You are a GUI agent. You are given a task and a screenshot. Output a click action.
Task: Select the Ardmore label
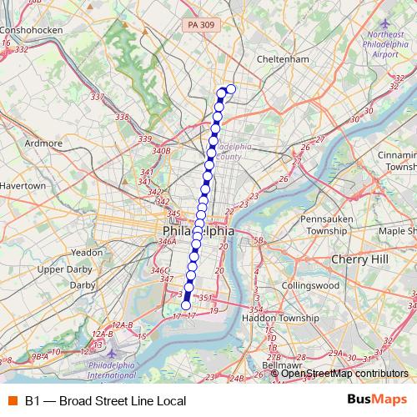pyautogui.click(x=43, y=143)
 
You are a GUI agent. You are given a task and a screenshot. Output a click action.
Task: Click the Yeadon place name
pyautogui.click(x=87, y=251)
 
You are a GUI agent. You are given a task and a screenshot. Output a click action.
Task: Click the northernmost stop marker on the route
pyautogui.click(x=231, y=89)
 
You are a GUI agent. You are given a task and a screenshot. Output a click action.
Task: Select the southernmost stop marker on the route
pyautogui.click(x=186, y=305)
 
